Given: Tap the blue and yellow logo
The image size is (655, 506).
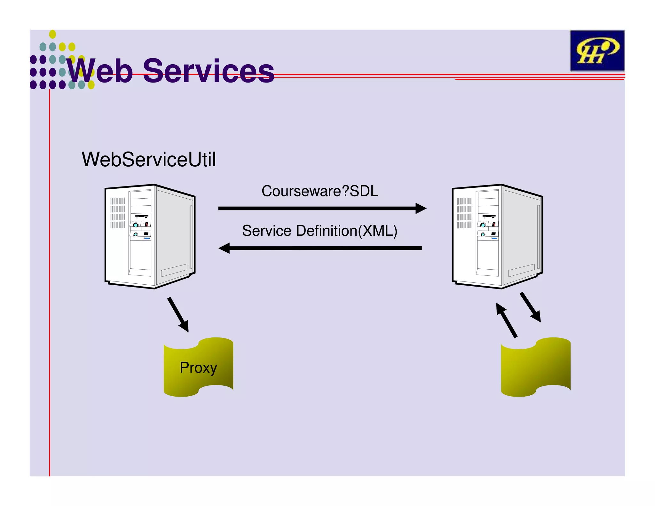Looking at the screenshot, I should [x=597, y=51].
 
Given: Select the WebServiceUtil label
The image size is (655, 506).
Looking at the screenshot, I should [x=149, y=159].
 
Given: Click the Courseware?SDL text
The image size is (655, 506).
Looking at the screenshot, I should [x=320, y=191].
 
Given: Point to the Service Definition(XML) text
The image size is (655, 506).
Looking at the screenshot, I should [x=320, y=231].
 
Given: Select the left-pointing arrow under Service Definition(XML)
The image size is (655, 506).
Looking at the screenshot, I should [x=320, y=248].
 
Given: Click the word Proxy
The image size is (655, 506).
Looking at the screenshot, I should [x=198, y=368].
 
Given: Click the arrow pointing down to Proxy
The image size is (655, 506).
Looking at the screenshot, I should [x=178, y=314].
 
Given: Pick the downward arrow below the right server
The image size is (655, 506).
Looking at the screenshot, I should [x=530, y=307].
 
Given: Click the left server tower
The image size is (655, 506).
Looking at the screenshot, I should [x=150, y=237].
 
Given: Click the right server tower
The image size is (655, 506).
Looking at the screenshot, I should [x=497, y=237].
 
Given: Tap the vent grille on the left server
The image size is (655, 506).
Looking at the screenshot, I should [x=117, y=213].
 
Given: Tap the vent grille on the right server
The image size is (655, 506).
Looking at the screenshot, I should [x=464, y=213].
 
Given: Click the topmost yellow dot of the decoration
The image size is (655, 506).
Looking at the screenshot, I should [x=52, y=34].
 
